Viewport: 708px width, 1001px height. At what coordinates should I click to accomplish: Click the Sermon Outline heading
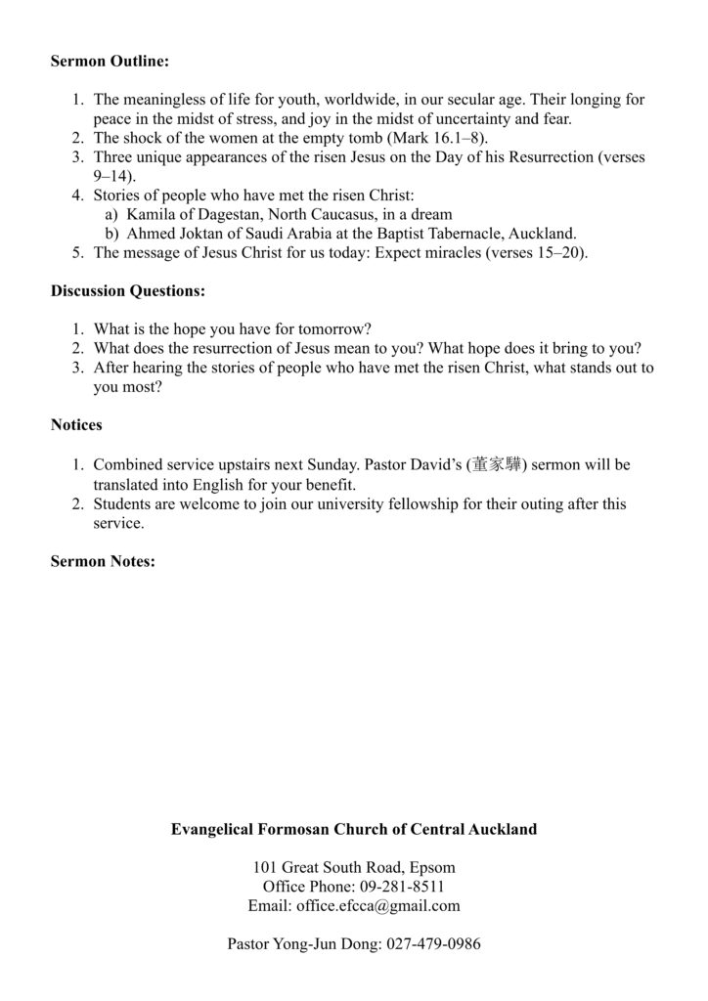pyautogui.click(x=110, y=61)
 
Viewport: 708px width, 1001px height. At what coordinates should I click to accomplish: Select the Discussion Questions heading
pyautogui.click(x=127, y=291)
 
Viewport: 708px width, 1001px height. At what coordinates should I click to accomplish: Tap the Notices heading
pyautogui.click(x=76, y=425)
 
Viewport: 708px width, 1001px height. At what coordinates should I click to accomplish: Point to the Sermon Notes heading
pyautogui.click(x=103, y=561)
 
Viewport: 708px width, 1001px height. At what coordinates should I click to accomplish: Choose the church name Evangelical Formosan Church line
pyautogui.click(x=354, y=829)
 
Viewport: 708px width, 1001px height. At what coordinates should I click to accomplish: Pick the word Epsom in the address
pyautogui.click(x=433, y=867)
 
